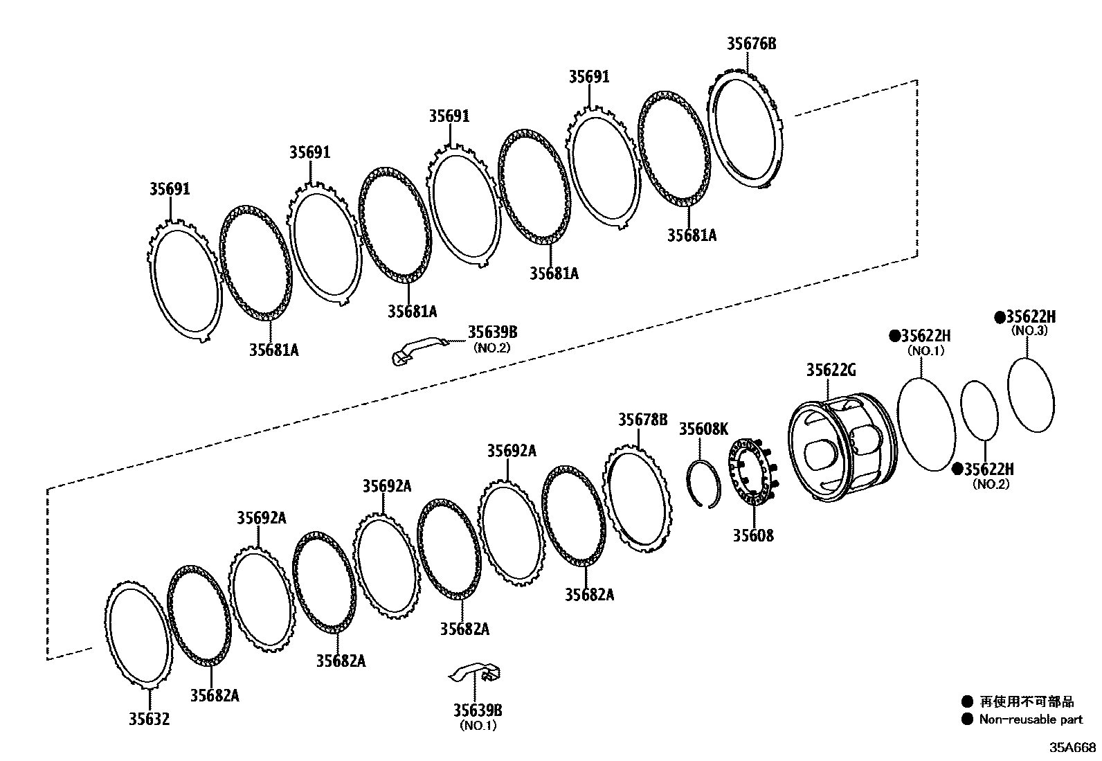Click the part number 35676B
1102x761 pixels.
(751, 44)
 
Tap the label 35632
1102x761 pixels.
(148, 719)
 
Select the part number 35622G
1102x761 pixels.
(831, 370)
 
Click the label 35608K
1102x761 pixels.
(703, 429)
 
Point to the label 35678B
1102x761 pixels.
(642, 419)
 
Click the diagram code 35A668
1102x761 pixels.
(1072, 747)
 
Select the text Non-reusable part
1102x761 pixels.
(1030, 719)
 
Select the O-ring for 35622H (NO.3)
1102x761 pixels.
(1031, 395)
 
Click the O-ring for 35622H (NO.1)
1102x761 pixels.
(925, 424)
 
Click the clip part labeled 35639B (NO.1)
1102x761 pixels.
(478, 672)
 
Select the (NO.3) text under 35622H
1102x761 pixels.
(1029, 331)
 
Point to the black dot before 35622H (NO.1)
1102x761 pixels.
(894, 336)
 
